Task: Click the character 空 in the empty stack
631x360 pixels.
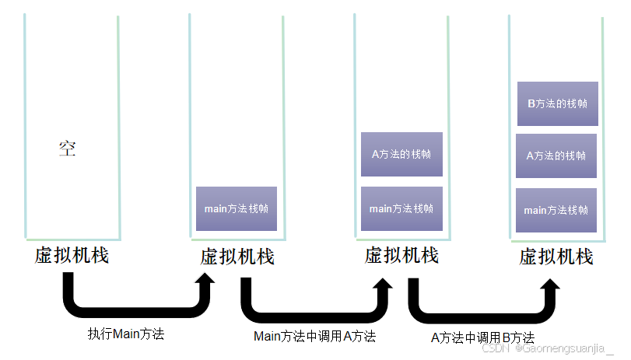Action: click(x=68, y=149)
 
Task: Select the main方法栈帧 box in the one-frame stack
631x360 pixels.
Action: click(x=237, y=208)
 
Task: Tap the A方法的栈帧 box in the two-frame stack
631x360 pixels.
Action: click(x=401, y=153)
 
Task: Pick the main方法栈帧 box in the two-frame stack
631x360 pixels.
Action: click(x=401, y=208)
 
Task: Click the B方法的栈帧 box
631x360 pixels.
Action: click(x=557, y=103)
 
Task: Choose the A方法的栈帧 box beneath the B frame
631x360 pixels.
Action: click(x=556, y=156)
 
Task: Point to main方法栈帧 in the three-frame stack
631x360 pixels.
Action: click(x=556, y=210)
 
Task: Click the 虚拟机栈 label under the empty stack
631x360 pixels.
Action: click(x=72, y=255)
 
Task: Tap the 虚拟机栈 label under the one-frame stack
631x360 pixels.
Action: click(x=237, y=256)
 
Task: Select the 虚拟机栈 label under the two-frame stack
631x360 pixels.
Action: click(x=401, y=255)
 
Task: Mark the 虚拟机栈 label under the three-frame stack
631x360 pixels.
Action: click(x=556, y=256)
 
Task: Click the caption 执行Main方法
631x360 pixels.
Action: click(x=126, y=334)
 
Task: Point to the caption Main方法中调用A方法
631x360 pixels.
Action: click(x=314, y=337)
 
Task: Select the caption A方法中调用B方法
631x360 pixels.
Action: click(x=482, y=337)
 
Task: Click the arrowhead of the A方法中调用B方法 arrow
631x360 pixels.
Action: click(x=551, y=289)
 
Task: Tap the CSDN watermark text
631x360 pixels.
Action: click(x=496, y=349)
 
